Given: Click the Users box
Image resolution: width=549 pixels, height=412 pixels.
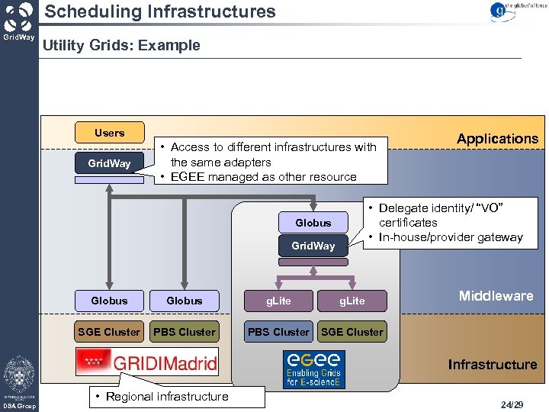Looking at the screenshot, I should click(x=109, y=133).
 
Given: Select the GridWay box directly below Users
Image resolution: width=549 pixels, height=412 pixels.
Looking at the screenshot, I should click(x=109, y=163).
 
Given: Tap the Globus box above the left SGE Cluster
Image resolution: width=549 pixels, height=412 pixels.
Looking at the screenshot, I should click(x=109, y=301).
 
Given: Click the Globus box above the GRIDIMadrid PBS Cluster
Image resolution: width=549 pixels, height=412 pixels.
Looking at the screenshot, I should click(x=185, y=301).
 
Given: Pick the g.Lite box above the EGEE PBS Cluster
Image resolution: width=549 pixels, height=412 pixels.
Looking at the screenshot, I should click(x=278, y=301).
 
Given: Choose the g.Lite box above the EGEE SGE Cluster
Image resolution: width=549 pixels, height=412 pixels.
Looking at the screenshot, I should click(x=352, y=301).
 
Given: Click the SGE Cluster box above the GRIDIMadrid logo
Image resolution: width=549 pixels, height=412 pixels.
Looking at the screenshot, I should click(x=109, y=332).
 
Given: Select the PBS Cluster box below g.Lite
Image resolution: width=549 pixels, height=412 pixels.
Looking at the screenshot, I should click(x=279, y=332).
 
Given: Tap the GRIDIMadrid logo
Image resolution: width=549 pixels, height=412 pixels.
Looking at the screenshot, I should click(x=146, y=362).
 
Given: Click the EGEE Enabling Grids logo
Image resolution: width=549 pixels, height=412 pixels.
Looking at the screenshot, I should click(x=313, y=369).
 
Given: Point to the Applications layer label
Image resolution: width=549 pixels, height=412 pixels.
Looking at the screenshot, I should click(x=497, y=138).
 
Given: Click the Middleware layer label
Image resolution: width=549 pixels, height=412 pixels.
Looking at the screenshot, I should click(x=496, y=296).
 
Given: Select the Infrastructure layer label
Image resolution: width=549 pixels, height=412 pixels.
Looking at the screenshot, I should click(x=492, y=364).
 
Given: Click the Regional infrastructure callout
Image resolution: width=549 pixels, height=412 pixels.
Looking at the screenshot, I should click(x=165, y=396).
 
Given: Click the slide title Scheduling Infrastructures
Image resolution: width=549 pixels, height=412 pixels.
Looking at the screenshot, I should click(x=160, y=11).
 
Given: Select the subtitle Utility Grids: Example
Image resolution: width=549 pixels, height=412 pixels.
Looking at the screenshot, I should click(x=121, y=45).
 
